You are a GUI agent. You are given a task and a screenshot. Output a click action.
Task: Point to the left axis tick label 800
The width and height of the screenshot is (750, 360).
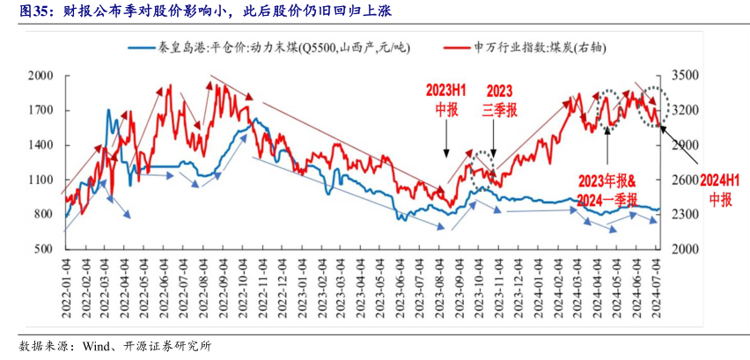pos(44,214)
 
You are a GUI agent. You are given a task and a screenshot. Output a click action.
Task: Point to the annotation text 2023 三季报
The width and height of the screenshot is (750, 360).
pos(499,100)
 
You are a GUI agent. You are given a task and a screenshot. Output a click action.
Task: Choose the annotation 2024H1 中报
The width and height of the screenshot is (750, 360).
pos(719,190)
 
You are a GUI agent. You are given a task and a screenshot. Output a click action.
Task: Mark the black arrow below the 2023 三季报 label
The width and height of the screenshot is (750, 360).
pos(493,140)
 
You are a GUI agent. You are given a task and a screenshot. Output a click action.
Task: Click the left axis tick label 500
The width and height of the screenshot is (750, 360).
pos(44,249)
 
